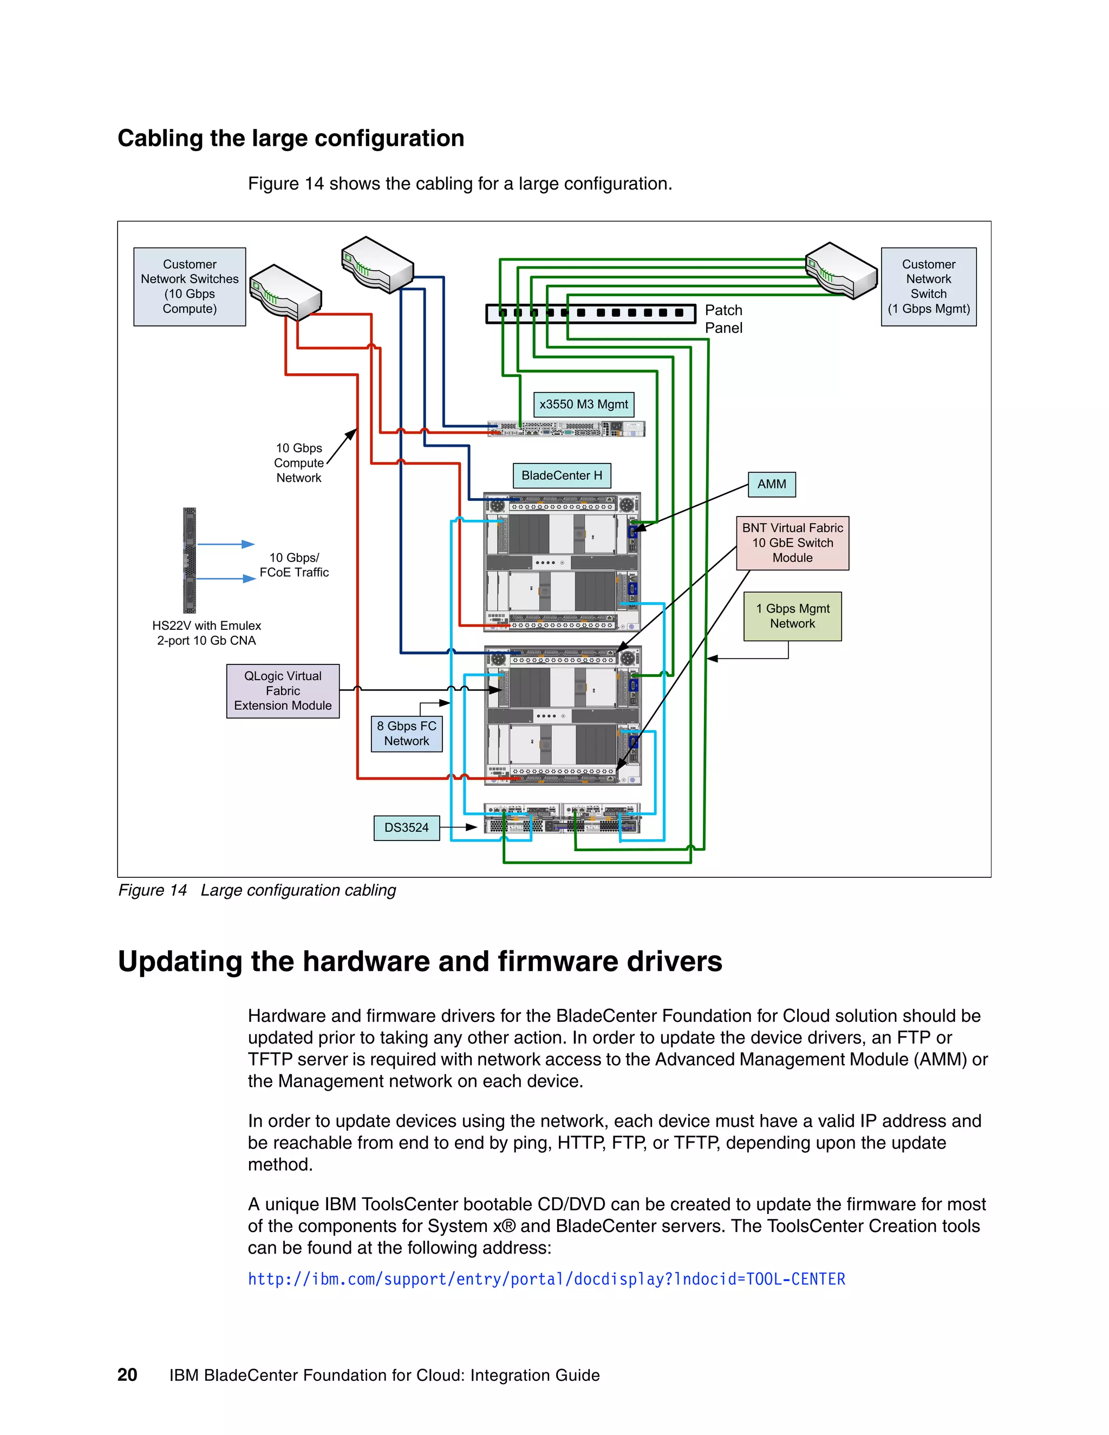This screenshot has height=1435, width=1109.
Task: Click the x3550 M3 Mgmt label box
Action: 583,404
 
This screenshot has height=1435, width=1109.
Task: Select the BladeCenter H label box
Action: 561,475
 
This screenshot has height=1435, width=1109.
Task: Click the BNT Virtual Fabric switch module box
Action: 792,543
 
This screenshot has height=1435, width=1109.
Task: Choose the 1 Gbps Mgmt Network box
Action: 792,616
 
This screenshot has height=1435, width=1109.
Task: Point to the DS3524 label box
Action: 406,827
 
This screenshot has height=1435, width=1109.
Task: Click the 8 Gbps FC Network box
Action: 406,733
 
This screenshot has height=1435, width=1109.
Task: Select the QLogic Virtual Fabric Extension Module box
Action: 283,690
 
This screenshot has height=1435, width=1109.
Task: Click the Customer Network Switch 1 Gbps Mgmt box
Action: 928,286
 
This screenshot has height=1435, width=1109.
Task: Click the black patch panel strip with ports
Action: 590,314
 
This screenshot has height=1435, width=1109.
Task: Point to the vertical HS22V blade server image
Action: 189,560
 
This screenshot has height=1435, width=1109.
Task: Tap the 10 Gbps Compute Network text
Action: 299,462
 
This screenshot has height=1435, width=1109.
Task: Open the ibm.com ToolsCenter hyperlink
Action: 546,1279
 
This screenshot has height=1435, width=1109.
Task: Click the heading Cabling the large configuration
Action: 290,138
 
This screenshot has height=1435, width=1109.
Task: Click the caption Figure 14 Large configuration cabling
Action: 257,890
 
